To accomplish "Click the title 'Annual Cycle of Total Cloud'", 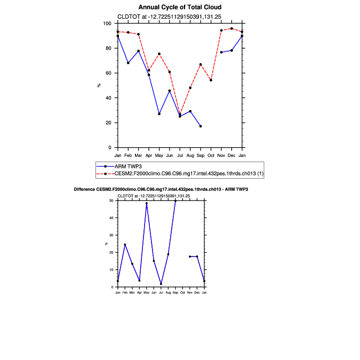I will click(179, 7).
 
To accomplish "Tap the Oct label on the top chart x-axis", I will click(211, 155).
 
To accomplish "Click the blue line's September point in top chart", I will click(201, 126).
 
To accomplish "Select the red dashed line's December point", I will click(231, 28).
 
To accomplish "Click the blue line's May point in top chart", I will click(159, 114).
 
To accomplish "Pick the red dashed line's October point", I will click(211, 80).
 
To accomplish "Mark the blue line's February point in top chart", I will click(128, 63).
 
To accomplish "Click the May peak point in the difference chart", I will click(147, 203).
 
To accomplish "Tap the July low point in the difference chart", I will click(161, 284).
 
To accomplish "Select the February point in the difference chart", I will click(125, 245).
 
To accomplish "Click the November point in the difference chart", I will click(190, 257).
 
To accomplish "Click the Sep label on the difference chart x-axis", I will click(175, 293).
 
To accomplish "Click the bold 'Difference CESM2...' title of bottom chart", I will click(161, 189).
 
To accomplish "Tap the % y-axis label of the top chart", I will click(99, 85).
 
